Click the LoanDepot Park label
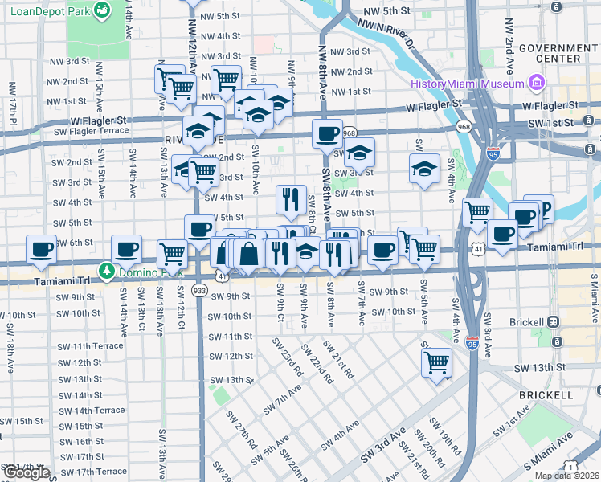47,11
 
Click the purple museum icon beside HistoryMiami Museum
536,84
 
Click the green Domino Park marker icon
105,270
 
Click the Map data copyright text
566,476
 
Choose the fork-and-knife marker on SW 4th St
291,198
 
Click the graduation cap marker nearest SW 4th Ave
424,168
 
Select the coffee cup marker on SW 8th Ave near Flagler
327,133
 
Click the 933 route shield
199,289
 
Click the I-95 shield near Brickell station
472,342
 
